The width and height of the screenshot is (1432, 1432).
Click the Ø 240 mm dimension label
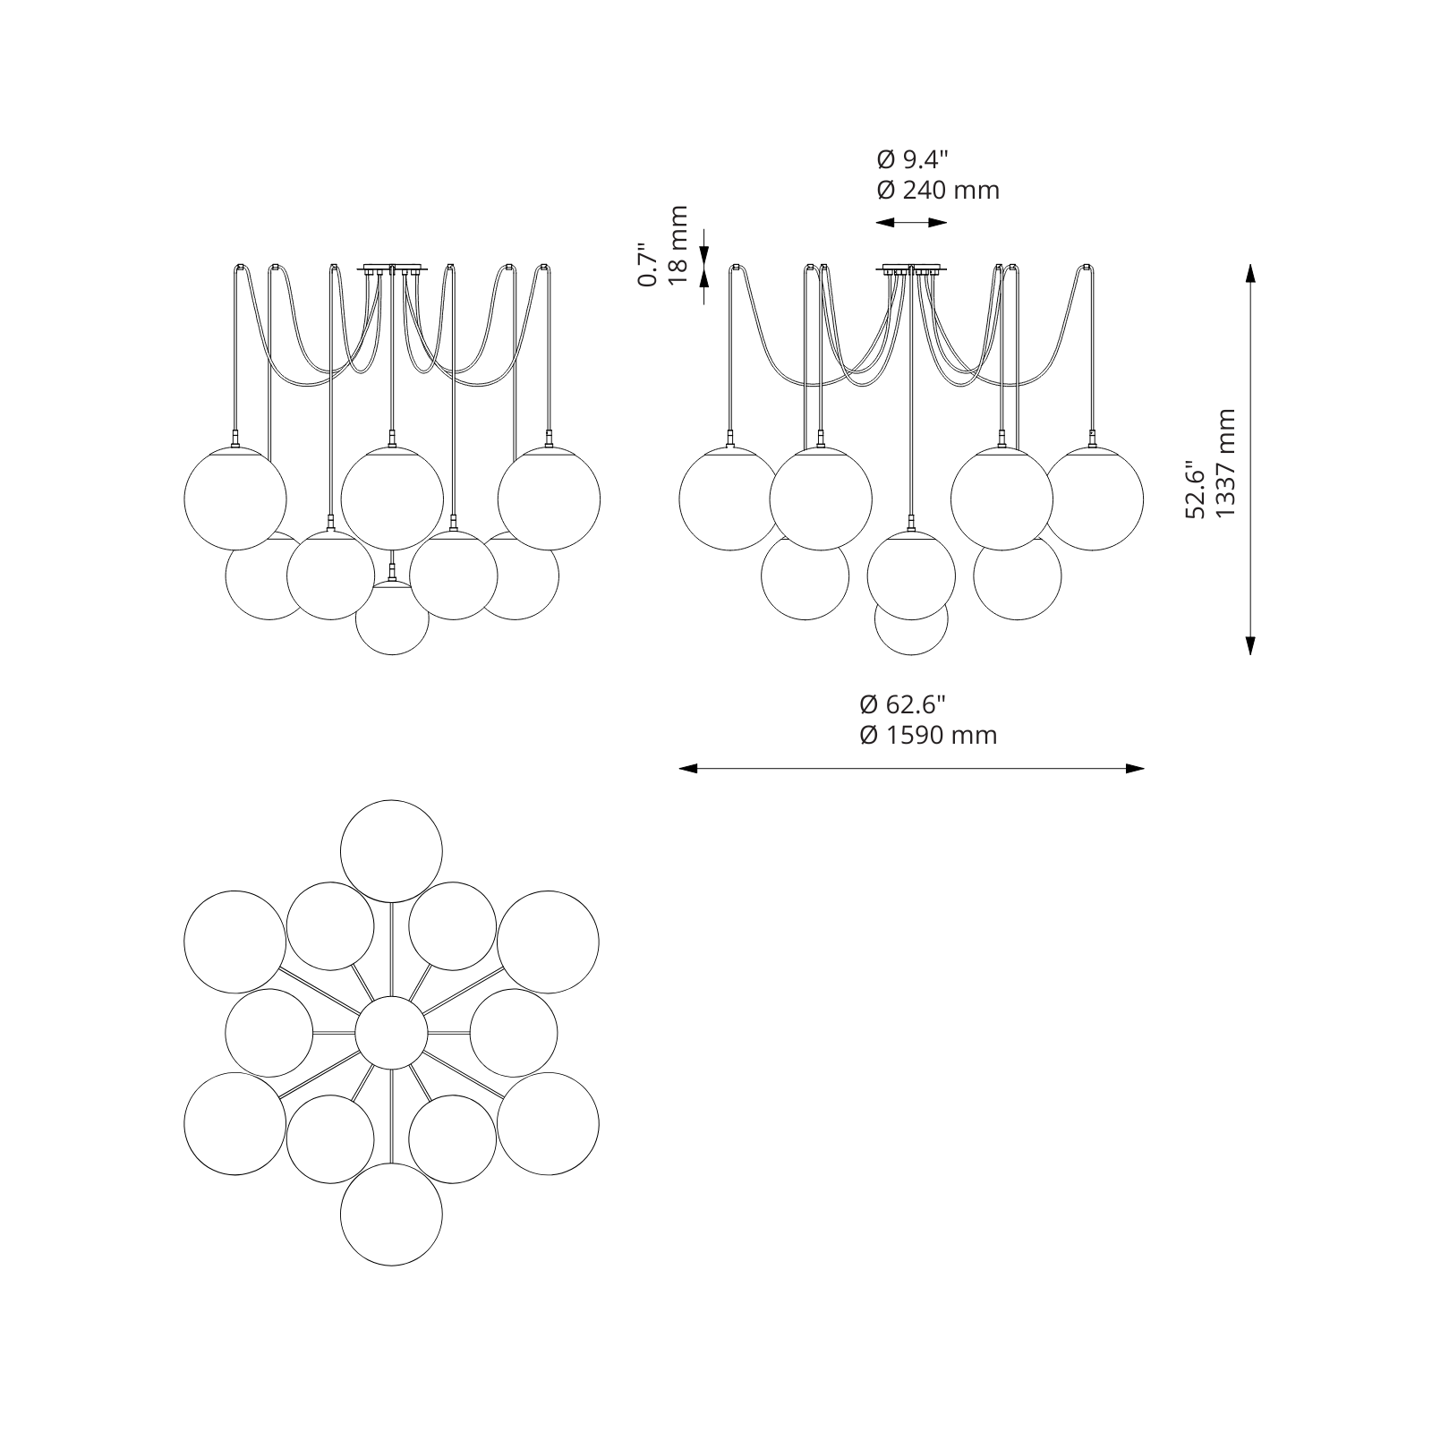(x=938, y=190)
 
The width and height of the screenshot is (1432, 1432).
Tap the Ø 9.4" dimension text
(x=912, y=159)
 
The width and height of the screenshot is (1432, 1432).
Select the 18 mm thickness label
(x=678, y=245)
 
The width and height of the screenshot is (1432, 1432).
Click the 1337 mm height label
(x=1225, y=462)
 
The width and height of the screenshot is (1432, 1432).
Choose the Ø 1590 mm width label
(x=928, y=735)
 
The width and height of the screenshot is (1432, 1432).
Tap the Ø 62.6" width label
(x=902, y=704)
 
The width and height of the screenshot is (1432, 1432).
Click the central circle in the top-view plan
(x=391, y=1033)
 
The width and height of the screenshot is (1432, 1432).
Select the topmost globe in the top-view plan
(x=392, y=851)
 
